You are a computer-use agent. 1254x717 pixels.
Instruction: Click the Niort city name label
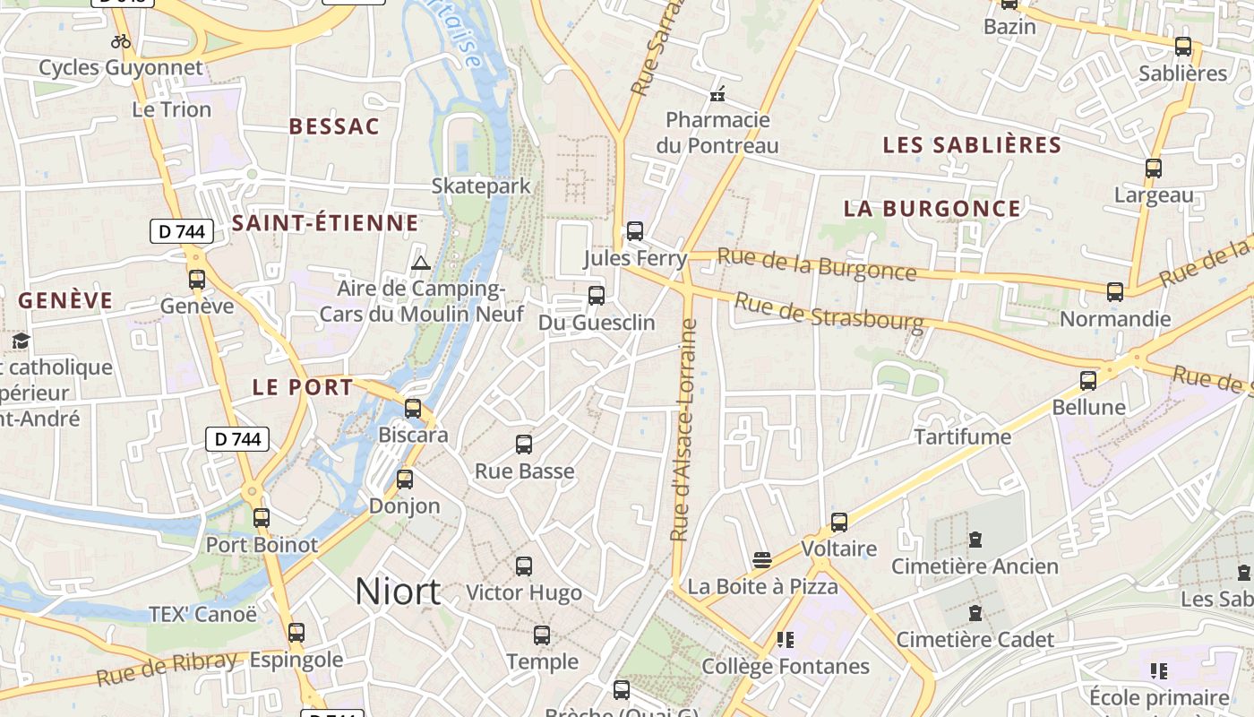click(398, 592)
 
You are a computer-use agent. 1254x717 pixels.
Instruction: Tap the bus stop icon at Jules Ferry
click(635, 231)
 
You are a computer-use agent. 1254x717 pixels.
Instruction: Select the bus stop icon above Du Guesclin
click(596, 295)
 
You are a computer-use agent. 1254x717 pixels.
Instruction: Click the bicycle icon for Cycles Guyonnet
click(121, 41)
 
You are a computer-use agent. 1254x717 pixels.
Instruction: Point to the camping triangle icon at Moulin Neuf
click(420, 263)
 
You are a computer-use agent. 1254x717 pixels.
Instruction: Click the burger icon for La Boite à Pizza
click(762, 560)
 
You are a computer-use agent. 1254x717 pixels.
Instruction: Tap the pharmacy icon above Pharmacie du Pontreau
click(717, 93)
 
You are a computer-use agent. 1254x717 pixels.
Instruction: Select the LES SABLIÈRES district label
click(972, 145)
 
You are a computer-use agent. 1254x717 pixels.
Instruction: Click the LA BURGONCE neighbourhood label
click(932, 209)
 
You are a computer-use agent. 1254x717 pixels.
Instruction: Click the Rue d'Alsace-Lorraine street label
click(684, 430)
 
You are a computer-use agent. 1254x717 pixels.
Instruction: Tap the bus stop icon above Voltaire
click(839, 522)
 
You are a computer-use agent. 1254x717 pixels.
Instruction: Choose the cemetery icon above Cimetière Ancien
click(975, 540)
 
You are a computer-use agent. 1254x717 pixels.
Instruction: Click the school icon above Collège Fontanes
click(786, 640)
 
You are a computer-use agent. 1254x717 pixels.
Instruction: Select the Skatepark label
click(481, 186)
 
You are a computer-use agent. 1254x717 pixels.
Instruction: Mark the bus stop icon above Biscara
click(413, 408)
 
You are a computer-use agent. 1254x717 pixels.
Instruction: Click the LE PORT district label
click(303, 388)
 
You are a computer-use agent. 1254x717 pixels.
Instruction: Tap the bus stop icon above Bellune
click(1088, 380)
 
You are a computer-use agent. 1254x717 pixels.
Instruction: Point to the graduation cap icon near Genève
click(20, 341)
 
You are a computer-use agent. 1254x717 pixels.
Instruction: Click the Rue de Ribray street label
click(167, 668)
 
